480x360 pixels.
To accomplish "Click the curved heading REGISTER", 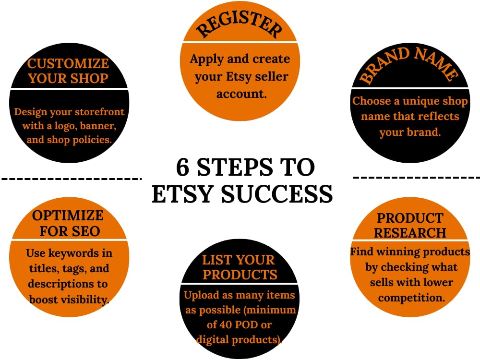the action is (x=239, y=24).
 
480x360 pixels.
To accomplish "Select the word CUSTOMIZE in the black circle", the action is (x=68, y=63).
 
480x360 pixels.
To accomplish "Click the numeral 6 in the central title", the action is (x=182, y=167).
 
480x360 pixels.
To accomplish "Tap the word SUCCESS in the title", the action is (x=276, y=194).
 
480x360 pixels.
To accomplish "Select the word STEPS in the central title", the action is (x=235, y=167).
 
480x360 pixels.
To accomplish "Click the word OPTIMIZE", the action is (x=68, y=216).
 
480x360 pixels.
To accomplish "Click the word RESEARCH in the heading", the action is (x=410, y=233).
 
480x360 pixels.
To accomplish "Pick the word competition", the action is (x=411, y=298).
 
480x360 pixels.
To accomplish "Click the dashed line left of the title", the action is (x=72, y=178).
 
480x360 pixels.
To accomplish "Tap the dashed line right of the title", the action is (x=416, y=177).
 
